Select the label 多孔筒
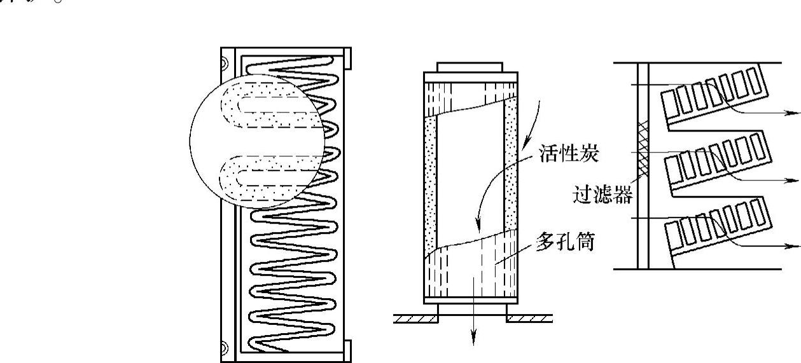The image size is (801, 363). pos(564,243)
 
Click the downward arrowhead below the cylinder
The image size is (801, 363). pos(473,341)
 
